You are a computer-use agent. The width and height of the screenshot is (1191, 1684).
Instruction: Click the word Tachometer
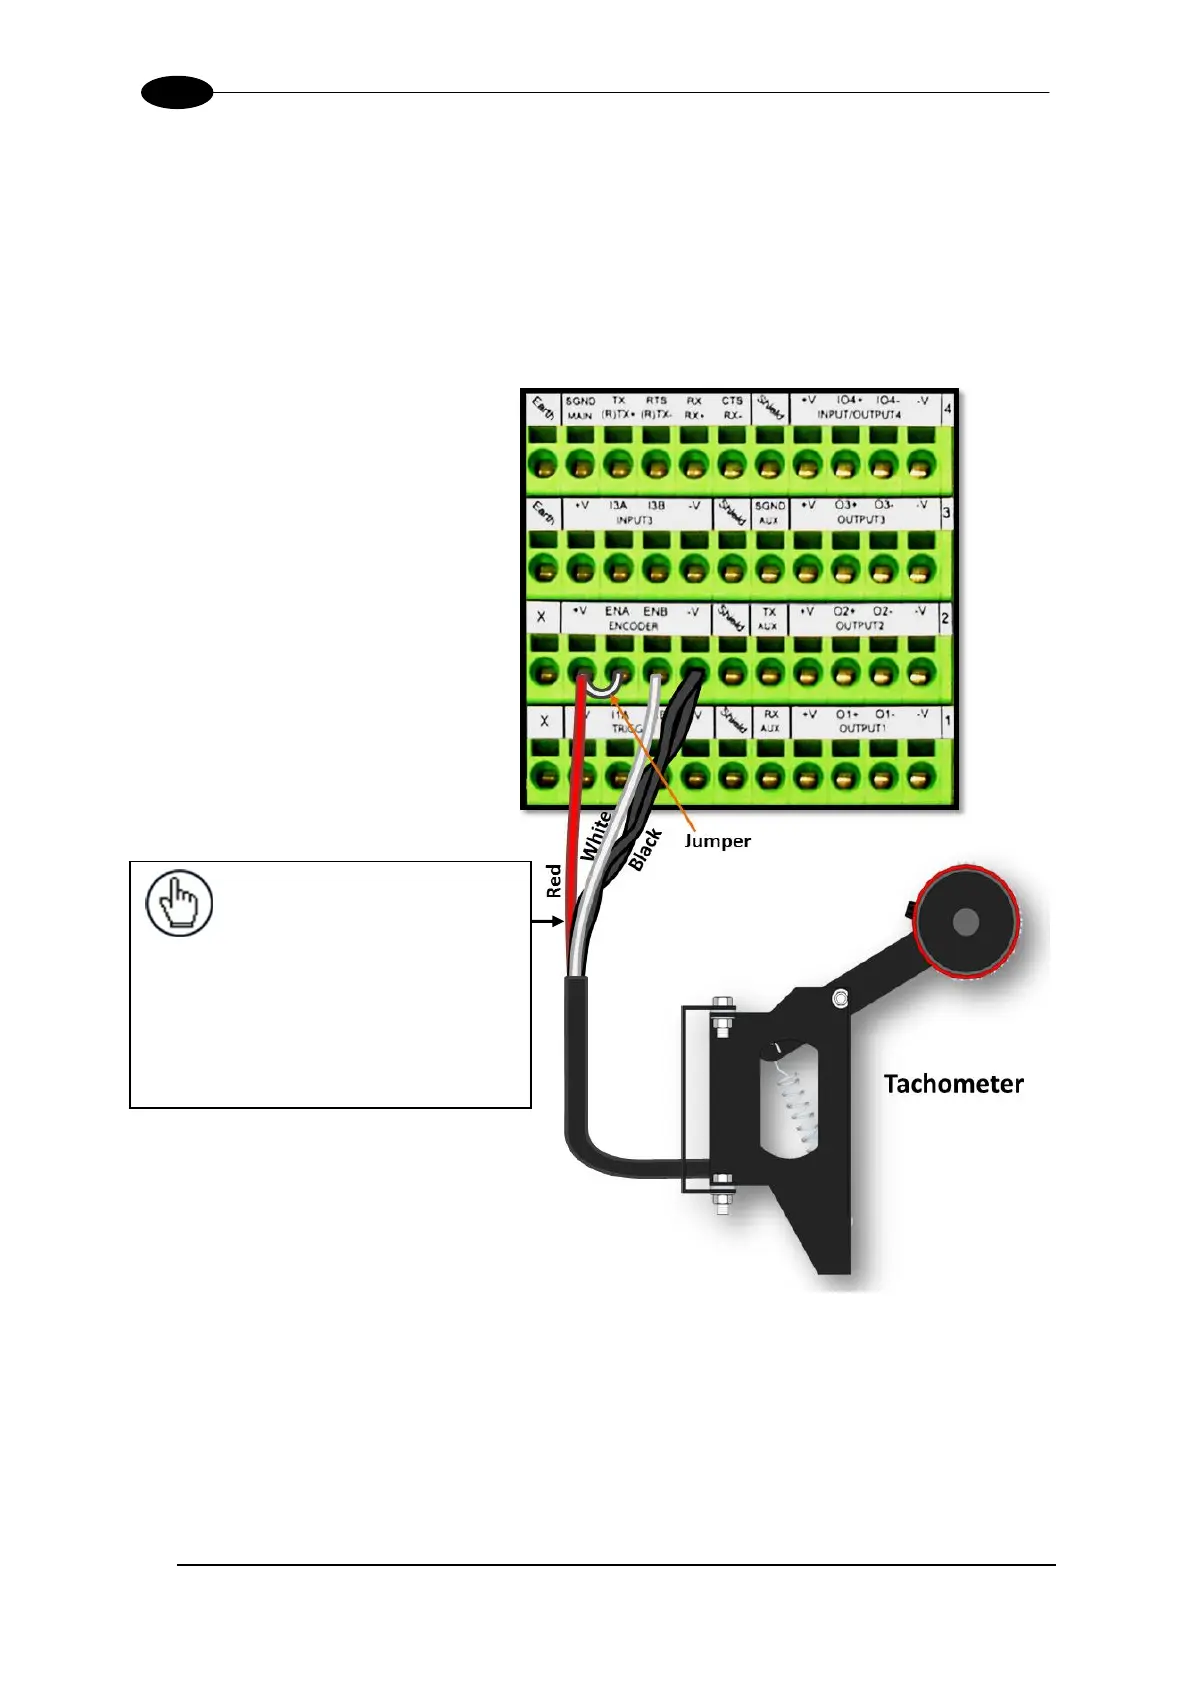[x=953, y=1084]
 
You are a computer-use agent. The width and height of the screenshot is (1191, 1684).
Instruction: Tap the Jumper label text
[x=717, y=841]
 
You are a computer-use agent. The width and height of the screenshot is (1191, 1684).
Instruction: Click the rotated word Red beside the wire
[x=554, y=881]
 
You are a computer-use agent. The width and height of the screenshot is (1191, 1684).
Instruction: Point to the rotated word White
[x=596, y=836]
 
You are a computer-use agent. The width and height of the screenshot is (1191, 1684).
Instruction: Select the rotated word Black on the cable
[x=645, y=849]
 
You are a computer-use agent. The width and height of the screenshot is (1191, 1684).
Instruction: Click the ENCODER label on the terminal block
[x=633, y=626]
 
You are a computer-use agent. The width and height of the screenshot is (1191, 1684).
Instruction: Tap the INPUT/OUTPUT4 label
[x=859, y=414]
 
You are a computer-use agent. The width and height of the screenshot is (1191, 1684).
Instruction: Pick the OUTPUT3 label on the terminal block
[x=861, y=520]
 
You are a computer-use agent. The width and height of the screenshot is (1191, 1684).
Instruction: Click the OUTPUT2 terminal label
[x=860, y=626]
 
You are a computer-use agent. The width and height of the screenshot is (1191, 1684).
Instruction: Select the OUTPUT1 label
[x=861, y=729]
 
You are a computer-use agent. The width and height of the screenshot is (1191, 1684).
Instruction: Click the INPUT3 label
[x=634, y=520]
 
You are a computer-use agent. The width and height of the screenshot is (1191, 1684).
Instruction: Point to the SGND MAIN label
[x=580, y=408]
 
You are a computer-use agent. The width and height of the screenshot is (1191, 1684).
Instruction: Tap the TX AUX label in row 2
[x=768, y=619]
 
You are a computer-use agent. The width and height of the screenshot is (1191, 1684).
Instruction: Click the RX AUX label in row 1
[x=770, y=722]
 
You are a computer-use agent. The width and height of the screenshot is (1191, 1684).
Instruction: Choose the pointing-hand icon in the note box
[x=179, y=904]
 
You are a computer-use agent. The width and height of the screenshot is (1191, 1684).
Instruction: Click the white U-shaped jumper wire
[x=600, y=689]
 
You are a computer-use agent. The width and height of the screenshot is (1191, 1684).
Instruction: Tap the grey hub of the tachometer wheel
[x=965, y=922]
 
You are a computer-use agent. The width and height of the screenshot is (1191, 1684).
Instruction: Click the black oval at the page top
[x=177, y=93]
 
